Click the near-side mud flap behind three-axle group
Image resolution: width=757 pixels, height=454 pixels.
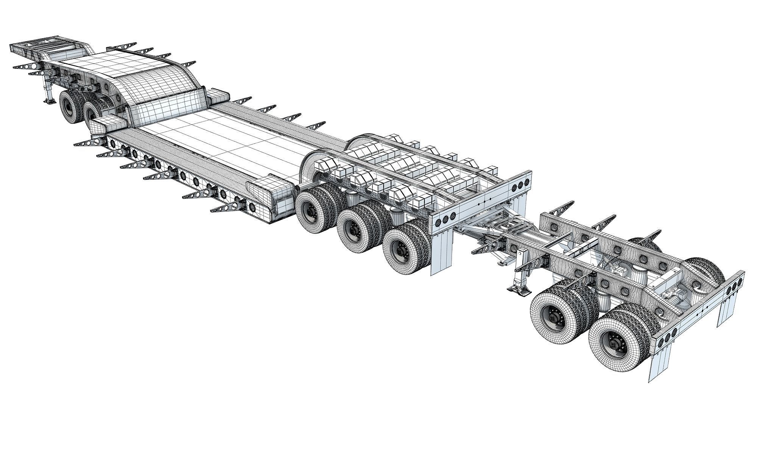[442, 250]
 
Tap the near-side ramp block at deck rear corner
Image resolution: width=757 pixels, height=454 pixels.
[265, 189]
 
